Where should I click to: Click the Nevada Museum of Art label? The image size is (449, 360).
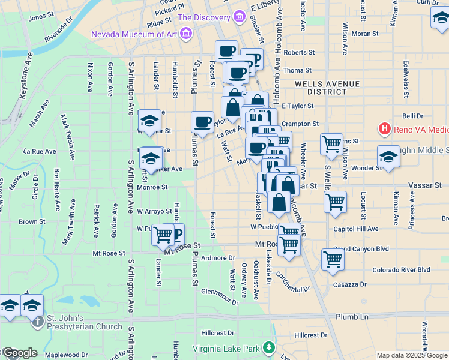(x=134, y=34)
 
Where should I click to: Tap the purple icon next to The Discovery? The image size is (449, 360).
(x=240, y=16)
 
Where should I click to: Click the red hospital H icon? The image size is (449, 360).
(x=384, y=128)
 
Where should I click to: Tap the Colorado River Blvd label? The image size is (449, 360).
(x=402, y=270)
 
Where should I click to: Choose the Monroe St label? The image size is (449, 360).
(x=152, y=187)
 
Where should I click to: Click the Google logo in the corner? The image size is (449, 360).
(x=19, y=353)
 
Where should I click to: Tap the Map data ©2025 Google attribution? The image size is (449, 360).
(x=412, y=355)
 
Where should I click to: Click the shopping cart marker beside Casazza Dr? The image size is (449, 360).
(x=333, y=259)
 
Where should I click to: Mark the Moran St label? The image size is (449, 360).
(x=364, y=34)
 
